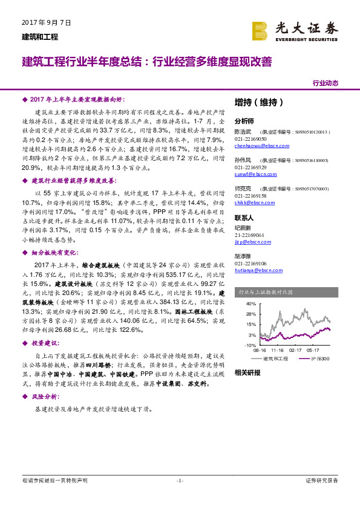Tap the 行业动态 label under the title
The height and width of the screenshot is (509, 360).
(x=325, y=83)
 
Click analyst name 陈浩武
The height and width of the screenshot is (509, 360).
(x=243, y=131)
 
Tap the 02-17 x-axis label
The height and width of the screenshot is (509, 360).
(x=295, y=350)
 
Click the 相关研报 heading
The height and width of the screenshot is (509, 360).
(x=247, y=372)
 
